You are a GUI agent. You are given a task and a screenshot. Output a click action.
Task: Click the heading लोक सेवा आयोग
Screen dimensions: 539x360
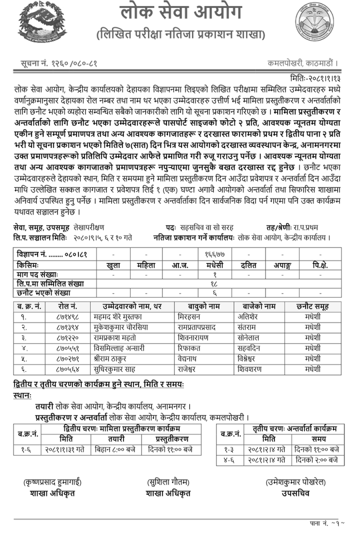point(180,13)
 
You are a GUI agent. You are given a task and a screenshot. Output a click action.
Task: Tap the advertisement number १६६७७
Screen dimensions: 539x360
point(214,254)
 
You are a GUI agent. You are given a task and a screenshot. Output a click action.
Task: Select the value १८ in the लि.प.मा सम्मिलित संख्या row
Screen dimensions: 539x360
point(214,283)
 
